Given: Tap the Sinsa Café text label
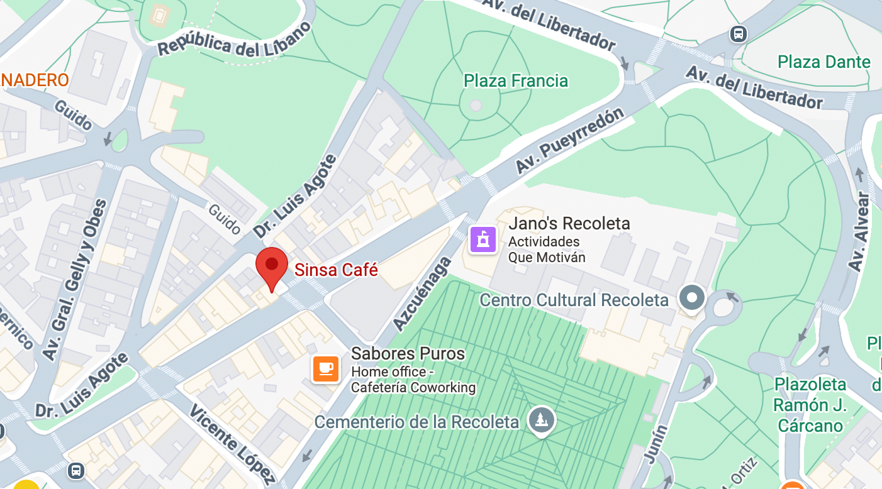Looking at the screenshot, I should pos(337,270).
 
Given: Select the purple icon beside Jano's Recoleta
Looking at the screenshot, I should pos(483,239).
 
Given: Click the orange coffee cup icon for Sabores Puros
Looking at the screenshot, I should pos(326,369).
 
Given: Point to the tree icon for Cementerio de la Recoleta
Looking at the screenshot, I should pos(541,419).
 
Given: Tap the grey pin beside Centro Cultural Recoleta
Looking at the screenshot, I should pos(693,297).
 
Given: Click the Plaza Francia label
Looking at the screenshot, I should pos(515,81).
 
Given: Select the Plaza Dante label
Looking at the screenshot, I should pos(823,62).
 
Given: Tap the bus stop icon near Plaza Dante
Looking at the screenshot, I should pos(739,34).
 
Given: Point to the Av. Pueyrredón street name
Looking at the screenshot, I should pos(570,141).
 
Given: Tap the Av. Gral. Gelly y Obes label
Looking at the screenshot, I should pos(75,279).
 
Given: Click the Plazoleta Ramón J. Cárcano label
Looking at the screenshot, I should pos(810,405).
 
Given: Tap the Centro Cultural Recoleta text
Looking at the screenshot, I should pos(574,300).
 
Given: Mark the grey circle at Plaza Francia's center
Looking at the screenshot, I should pos(476,105).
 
